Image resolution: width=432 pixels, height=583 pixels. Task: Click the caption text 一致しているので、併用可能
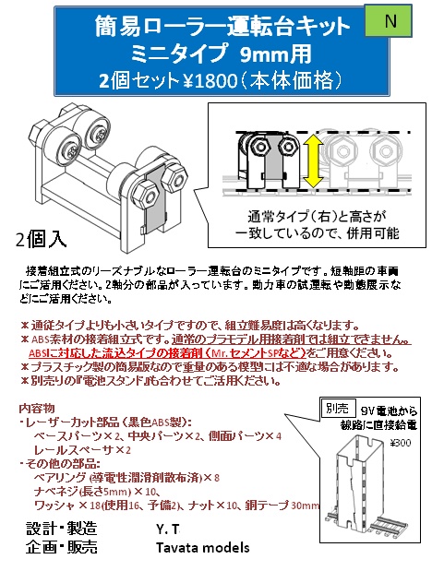tap(314, 233)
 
